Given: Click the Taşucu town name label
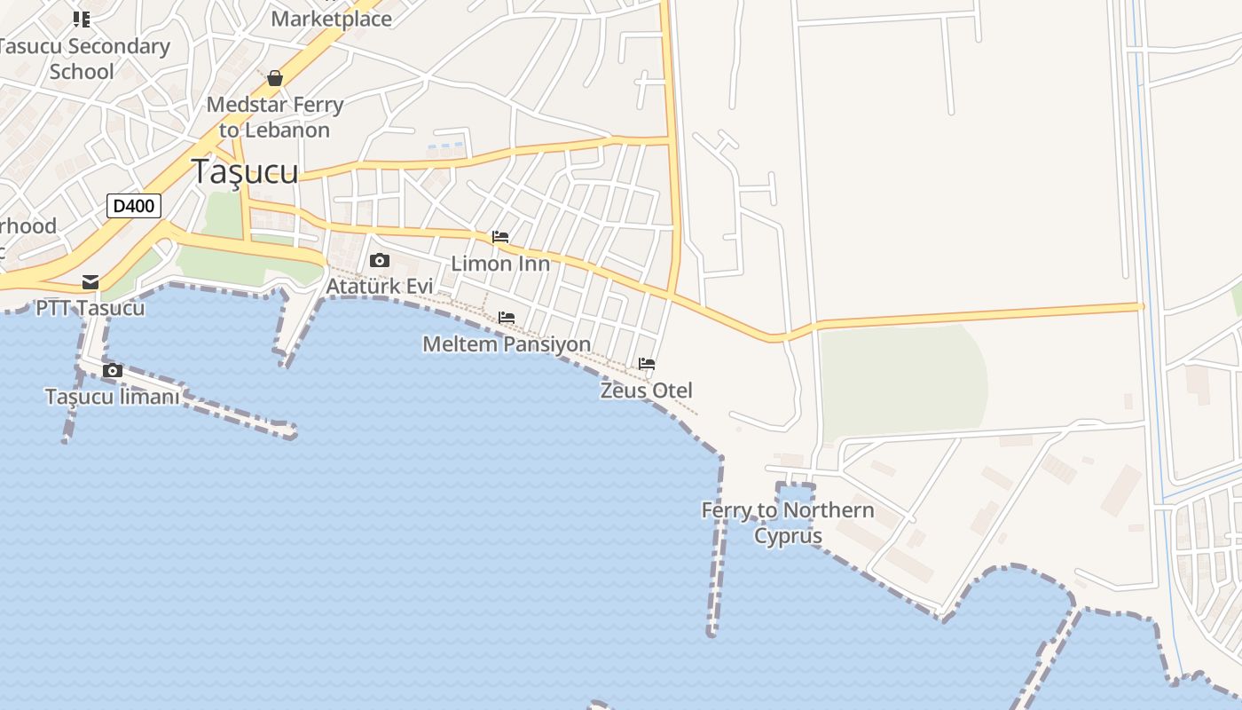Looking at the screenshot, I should click(245, 171).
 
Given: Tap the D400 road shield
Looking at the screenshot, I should click(134, 206).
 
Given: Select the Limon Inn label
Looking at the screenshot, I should click(500, 264).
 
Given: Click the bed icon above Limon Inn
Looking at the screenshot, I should click(500, 238).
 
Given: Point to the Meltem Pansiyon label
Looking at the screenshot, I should click(507, 343).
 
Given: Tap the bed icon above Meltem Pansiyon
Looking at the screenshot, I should click(507, 318).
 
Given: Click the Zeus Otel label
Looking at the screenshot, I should click(646, 390).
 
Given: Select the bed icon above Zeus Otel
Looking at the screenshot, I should click(647, 364).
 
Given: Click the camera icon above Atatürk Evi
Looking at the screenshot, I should click(380, 260).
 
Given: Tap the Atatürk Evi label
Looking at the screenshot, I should click(380, 287).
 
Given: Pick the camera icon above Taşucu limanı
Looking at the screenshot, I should click(113, 370).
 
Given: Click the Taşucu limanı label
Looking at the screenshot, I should click(112, 397).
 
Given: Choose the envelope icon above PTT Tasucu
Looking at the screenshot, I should click(90, 282).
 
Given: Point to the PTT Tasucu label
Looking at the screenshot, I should click(90, 309).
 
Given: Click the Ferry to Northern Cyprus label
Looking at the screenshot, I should click(788, 523).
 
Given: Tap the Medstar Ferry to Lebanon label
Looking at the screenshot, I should click(275, 117).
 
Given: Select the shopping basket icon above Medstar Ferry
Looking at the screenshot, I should click(275, 79).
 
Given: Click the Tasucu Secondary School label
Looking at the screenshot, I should click(83, 59).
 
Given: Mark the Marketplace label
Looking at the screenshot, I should click(331, 19).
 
